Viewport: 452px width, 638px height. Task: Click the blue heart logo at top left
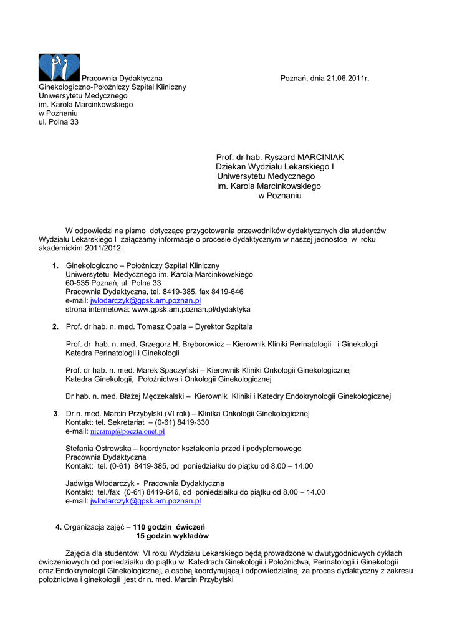[x=59, y=67]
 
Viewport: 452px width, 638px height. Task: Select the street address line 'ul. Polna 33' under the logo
[x=59, y=122]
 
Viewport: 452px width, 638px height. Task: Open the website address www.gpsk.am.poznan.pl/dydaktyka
[x=191, y=309]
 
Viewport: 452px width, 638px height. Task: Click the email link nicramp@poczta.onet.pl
[x=127, y=431]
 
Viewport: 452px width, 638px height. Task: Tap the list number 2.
[x=55, y=326]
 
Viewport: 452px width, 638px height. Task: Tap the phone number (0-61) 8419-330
[x=182, y=422]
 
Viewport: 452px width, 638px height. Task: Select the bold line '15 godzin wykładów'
[x=173, y=536]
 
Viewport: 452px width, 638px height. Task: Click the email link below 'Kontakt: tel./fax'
[x=145, y=500]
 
